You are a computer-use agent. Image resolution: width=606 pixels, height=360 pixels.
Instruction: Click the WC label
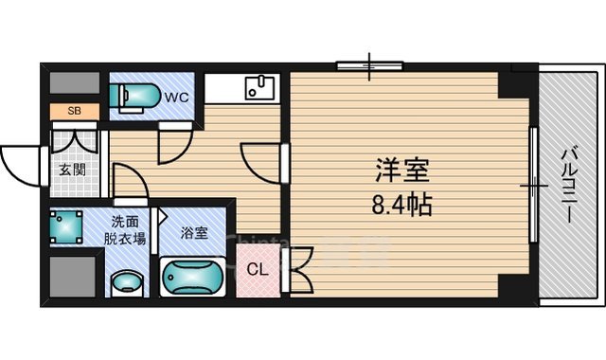pos(177,96)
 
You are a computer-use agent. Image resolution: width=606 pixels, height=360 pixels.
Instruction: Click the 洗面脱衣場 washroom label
pos(125,230)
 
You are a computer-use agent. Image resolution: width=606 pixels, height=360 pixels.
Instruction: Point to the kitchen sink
pos(258,88)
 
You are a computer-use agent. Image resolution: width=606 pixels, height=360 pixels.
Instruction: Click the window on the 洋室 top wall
pos(369,66)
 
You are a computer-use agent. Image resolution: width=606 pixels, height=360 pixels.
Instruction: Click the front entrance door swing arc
pos(21,161)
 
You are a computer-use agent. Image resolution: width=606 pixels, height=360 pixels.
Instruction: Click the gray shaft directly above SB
pos(74,84)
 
